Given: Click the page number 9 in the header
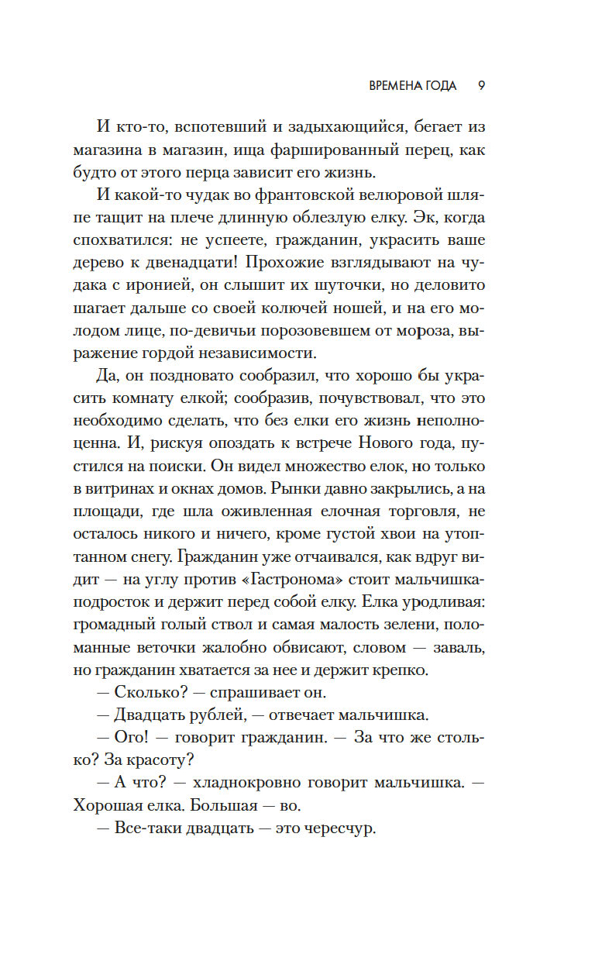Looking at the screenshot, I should (481, 85).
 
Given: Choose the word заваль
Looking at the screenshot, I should (454, 625).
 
